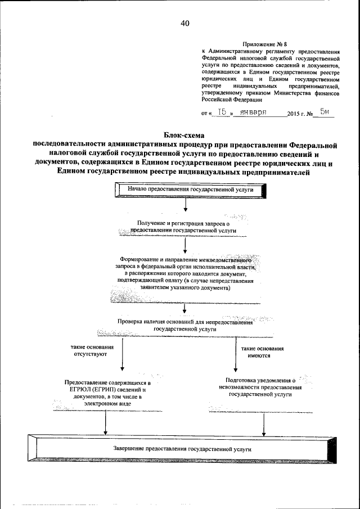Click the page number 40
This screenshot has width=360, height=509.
click(x=185, y=23)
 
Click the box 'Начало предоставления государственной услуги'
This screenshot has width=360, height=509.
click(x=191, y=190)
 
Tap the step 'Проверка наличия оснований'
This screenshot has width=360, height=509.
click(x=185, y=325)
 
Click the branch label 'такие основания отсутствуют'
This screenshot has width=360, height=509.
click(x=89, y=352)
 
